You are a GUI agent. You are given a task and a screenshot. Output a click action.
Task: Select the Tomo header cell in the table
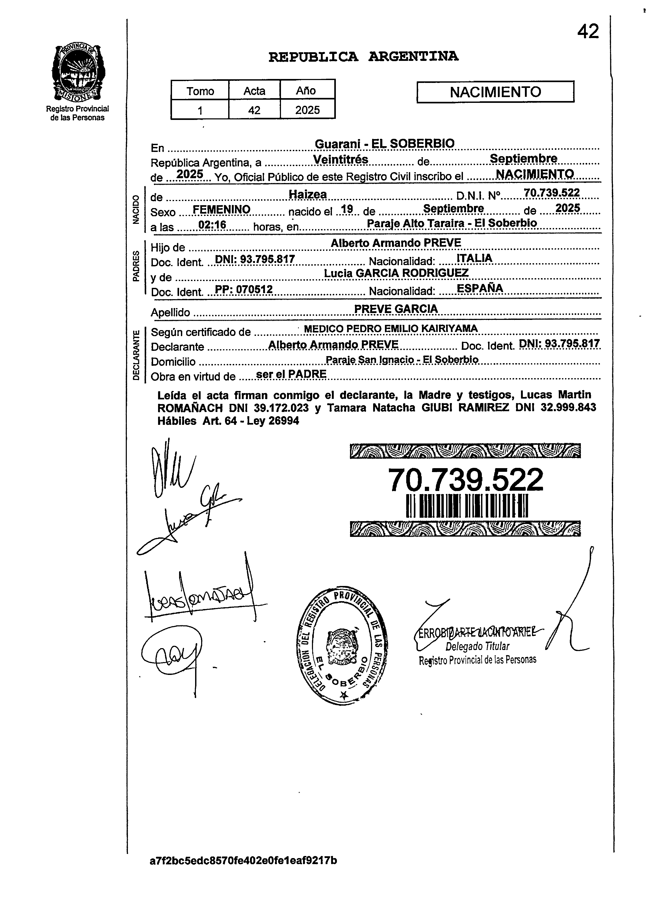[200, 91]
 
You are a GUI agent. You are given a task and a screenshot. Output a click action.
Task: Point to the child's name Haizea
[307, 195]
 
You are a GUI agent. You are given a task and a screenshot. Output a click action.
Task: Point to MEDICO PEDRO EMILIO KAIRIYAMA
[391, 329]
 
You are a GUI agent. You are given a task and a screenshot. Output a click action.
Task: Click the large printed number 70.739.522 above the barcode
[465, 480]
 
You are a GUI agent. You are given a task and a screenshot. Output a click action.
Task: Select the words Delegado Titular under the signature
[477, 646]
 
